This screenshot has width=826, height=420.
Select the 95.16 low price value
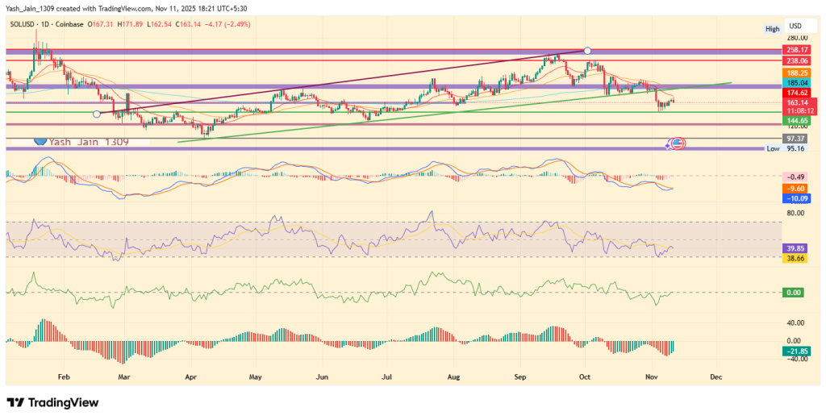(x=796, y=148)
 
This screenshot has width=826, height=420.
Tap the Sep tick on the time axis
(x=520, y=376)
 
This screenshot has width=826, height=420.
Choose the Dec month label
(x=715, y=376)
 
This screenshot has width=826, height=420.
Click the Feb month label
(x=65, y=376)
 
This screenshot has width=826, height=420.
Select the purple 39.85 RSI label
(x=796, y=249)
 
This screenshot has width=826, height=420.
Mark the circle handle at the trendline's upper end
(x=587, y=51)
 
